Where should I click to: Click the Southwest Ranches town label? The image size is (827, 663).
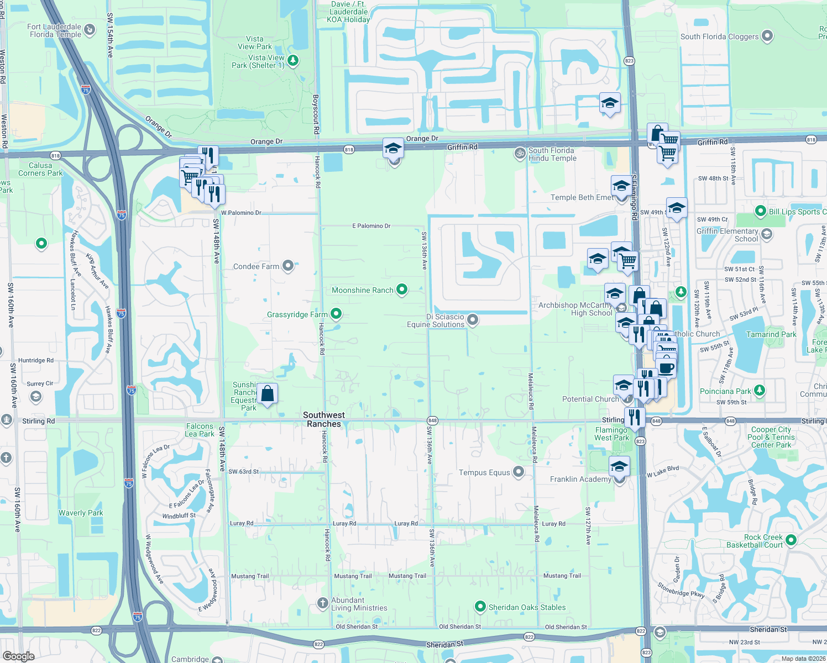pyautogui.click(x=324, y=419)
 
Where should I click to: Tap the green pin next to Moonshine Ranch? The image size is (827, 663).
pyautogui.click(x=402, y=289)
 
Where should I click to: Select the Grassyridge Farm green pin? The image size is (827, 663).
pyautogui.click(x=336, y=314)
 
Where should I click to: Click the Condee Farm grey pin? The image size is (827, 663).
pyautogui.click(x=288, y=266)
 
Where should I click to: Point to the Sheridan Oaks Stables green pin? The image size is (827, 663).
pyautogui.click(x=480, y=607)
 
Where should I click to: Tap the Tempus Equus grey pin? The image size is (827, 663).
pyautogui.click(x=519, y=472)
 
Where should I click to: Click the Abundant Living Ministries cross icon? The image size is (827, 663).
pyautogui.click(x=323, y=603)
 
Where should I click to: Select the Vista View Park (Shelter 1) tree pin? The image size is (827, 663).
pyautogui.click(x=294, y=60)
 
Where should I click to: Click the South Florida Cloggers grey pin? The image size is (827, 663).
pyautogui.click(x=767, y=36)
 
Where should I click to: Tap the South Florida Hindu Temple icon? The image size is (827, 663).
pyautogui.click(x=520, y=153)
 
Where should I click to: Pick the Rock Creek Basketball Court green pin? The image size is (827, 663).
pyautogui.click(x=791, y=540)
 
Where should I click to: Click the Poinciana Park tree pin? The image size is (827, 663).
pyautogui.click(x=760, y=391)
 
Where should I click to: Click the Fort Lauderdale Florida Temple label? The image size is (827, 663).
pyautogui.click(x=55, y=30)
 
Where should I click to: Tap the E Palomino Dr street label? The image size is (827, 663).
pyautogui.click(x=371, y=226)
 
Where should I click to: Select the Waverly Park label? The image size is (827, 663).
pyautogui.click(x=81, y=513)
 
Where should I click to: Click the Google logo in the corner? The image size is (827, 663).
pyautogui.click(x=18, y=656)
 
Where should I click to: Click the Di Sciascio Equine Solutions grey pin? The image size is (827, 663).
pyautogui.click(x=473, y=319)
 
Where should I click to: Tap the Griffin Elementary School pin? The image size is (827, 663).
pyautogui.click(x=767, y=234)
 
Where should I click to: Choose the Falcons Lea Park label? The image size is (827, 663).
pyautogui.click(x=200, y=430)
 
